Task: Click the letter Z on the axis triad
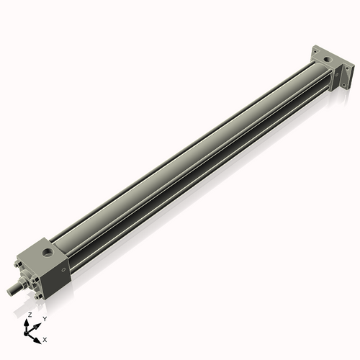point(29,315)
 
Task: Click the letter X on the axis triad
point(45,338)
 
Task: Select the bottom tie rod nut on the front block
point(38,296)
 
